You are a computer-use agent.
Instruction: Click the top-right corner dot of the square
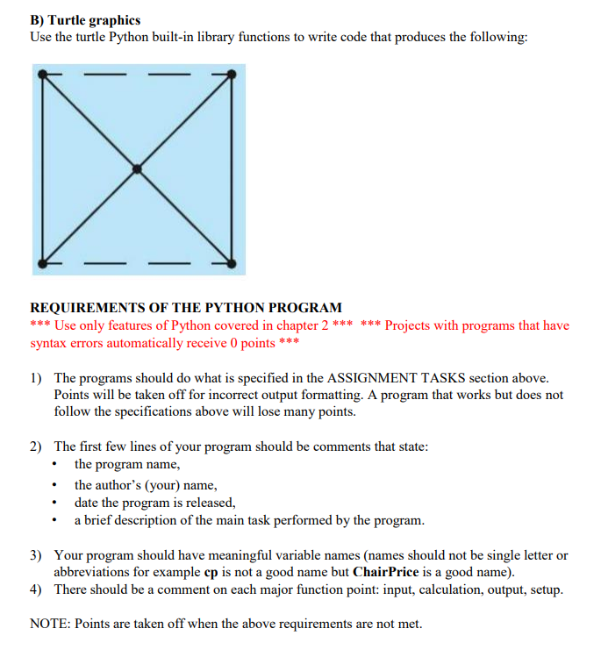pos(233,74)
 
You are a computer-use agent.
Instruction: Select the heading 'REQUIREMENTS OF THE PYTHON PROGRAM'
pos(186,308)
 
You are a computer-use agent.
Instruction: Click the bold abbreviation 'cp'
pos(211,572)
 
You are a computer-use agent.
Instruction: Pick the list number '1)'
pos(37,378)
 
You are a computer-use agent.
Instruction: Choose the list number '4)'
pos(37,589)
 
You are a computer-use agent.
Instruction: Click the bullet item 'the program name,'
pos(127,464)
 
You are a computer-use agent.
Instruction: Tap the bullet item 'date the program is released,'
pos(155,503)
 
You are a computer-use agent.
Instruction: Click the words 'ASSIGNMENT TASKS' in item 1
pos(393,378)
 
